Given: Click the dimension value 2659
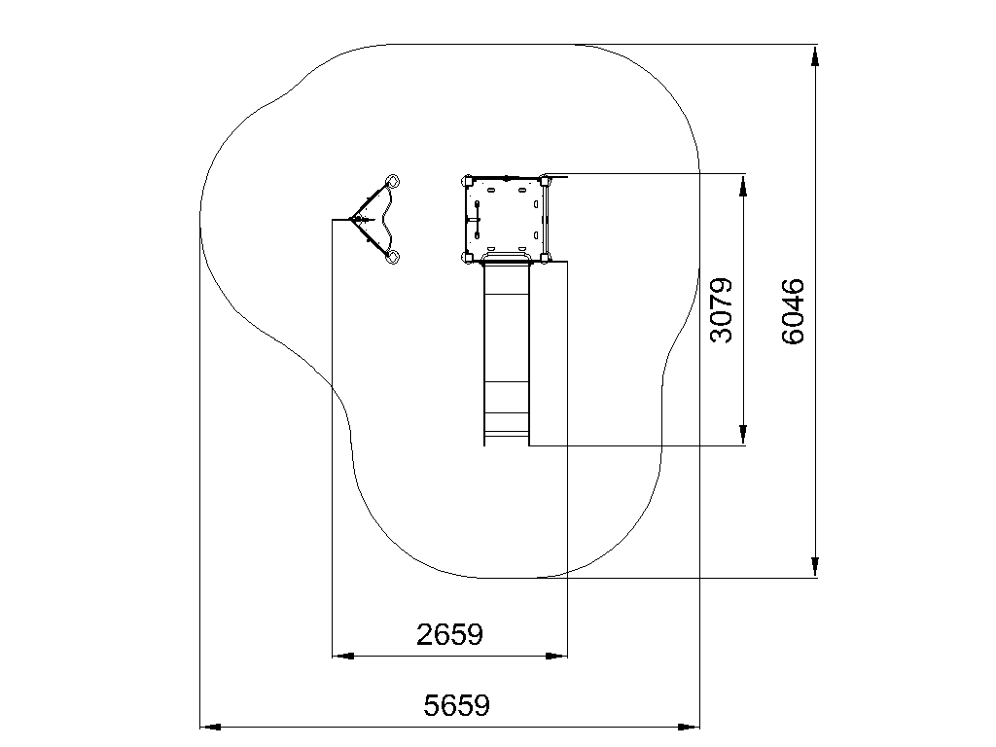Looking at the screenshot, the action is [x=449, y=634].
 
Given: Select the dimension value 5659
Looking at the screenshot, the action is [x=457, y=706].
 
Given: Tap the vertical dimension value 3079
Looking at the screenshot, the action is [x=721, y=310].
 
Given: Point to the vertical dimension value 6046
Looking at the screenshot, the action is [x=793, y=311].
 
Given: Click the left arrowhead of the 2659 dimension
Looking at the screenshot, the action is [x=343, y=656].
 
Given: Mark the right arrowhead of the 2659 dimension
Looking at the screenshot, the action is [x=556, y=656].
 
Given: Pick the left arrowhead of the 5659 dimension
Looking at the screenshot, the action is [x=211, y=727].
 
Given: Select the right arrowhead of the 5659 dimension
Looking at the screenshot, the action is [x=689, y=727].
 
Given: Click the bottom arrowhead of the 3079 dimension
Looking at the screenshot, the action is [x=743, y=435].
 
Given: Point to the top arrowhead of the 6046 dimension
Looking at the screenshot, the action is [x=815, y=55].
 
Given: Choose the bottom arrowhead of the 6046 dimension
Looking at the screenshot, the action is [x=815, y=567].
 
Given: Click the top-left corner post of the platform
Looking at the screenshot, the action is [x=467, y=181].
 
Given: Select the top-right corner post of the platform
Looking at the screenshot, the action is [x=545, y=180].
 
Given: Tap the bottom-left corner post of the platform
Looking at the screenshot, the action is [x=467, y=257].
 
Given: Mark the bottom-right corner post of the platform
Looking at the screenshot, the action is [x=545, y=257].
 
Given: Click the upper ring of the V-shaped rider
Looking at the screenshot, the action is [x=393, y=181].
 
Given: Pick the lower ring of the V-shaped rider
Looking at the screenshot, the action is [x=393, y=257].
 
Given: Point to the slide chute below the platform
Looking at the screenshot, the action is [x=506, y=352].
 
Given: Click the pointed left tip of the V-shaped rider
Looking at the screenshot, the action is [x=350, y=219].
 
